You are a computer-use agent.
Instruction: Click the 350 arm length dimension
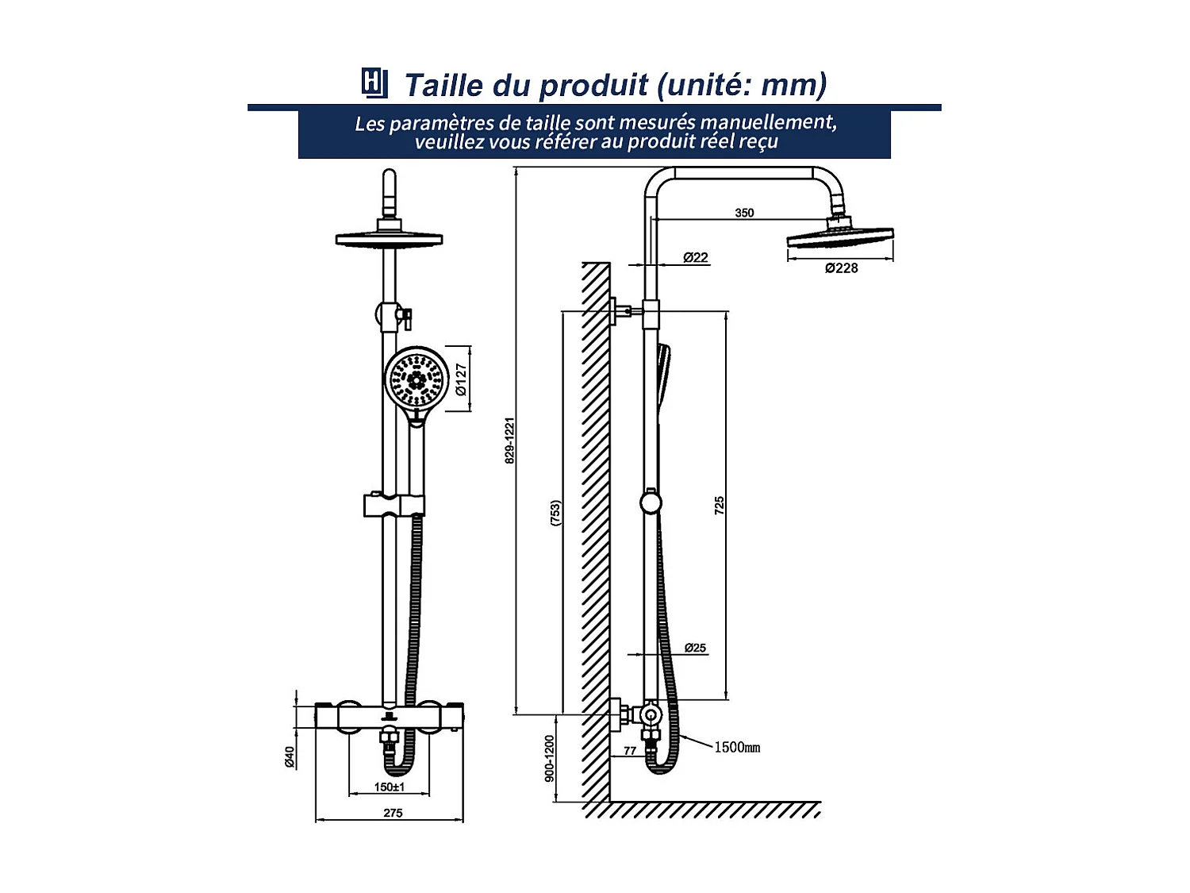pyautogui.click(x=744, y=213)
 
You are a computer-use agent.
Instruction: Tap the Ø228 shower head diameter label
pyautogui.click(x=841, y=268)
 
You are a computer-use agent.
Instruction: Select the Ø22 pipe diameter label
pyautogui.click(x=695, y=257)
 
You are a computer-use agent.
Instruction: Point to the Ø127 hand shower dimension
pyautogui.click(x=461, y=379)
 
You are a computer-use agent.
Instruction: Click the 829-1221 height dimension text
pyautogui.click(x=510, y=441)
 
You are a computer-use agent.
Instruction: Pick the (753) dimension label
pyautogui.click(x=555, y=513)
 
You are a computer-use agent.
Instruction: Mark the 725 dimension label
pyautogui.click(x=720, y=506)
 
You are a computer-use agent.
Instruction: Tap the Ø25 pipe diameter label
pyautogui.click(x=695, y=648)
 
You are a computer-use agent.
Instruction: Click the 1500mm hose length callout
pyautogui.click(x=737, y=747)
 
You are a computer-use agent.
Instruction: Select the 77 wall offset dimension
pyautogui.click(x=630, y=750)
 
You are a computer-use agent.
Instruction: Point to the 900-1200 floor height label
pyautogui.click(x=549, y=758)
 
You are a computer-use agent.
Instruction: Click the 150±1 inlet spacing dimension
pyautogui.click(x=390, y=787)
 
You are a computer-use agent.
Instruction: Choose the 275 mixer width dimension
pyautogui.click(x=393, y=813)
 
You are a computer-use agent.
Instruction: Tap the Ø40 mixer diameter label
pyautogui.click(x=290, y=756)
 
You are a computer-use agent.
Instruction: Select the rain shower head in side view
pyautogui.click(x=840, y=237)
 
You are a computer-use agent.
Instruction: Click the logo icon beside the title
pyautogui.click(x=374, y=83)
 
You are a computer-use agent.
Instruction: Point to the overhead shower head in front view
pyautogui.click(x=389, y=238)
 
